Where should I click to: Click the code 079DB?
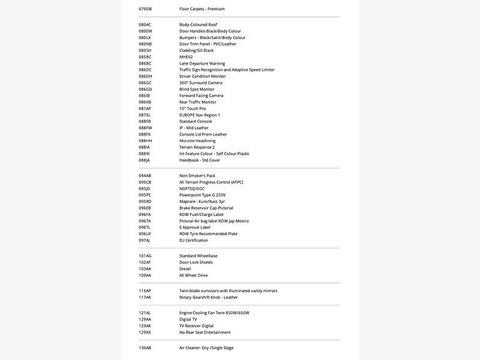[145, 9]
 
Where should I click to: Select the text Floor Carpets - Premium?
[202, 9]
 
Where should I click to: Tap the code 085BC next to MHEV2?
[145, 57]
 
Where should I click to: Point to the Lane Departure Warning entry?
[202, 64]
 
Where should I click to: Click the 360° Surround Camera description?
[200, 83]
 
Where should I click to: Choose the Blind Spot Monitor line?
[197, 89]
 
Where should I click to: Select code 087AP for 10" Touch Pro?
[145, 109]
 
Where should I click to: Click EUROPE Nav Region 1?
[200, 115]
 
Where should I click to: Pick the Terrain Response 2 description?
[197, 147]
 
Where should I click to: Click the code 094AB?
[145, 176]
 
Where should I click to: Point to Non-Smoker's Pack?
[197, 176]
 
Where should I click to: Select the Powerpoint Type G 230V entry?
[202, 195]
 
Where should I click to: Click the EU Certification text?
[194, 240]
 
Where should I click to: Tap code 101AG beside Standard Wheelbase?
[145, 256]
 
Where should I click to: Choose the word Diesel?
[185, 269]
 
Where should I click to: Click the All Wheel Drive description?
[193, 275]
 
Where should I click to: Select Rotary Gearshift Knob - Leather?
[208, 297]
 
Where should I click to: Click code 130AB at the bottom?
[145, 348]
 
